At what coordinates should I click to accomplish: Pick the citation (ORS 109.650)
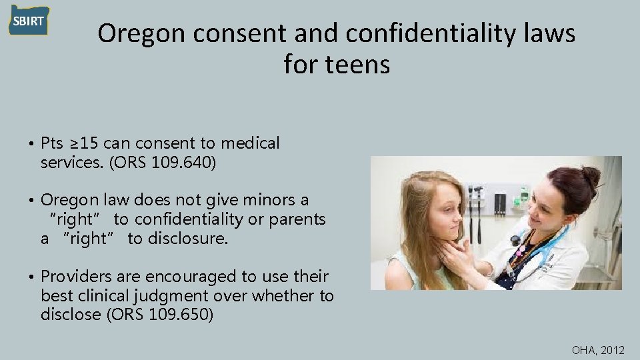tap(159, 315)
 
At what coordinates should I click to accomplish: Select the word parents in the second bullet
tap(295, 219)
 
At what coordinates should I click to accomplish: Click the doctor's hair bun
tap(589, 176)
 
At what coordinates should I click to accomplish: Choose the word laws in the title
tap(547, 34)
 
